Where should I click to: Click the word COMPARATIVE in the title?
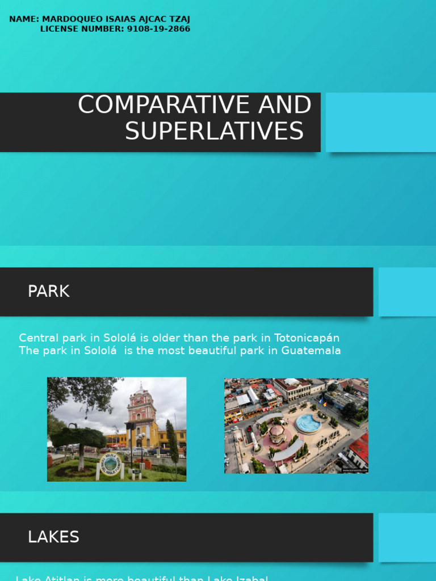147,106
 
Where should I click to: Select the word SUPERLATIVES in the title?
215,132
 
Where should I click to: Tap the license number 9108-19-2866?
158,29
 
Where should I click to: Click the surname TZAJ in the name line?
178,19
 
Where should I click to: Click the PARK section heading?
49,292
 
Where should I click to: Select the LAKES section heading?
53,537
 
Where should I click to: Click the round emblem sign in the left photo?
110,464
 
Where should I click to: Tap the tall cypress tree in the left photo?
173,443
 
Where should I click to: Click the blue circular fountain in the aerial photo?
308,423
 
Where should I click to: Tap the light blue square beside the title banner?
381,122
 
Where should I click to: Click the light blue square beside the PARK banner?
407,292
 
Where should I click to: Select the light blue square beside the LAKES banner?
407,537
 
